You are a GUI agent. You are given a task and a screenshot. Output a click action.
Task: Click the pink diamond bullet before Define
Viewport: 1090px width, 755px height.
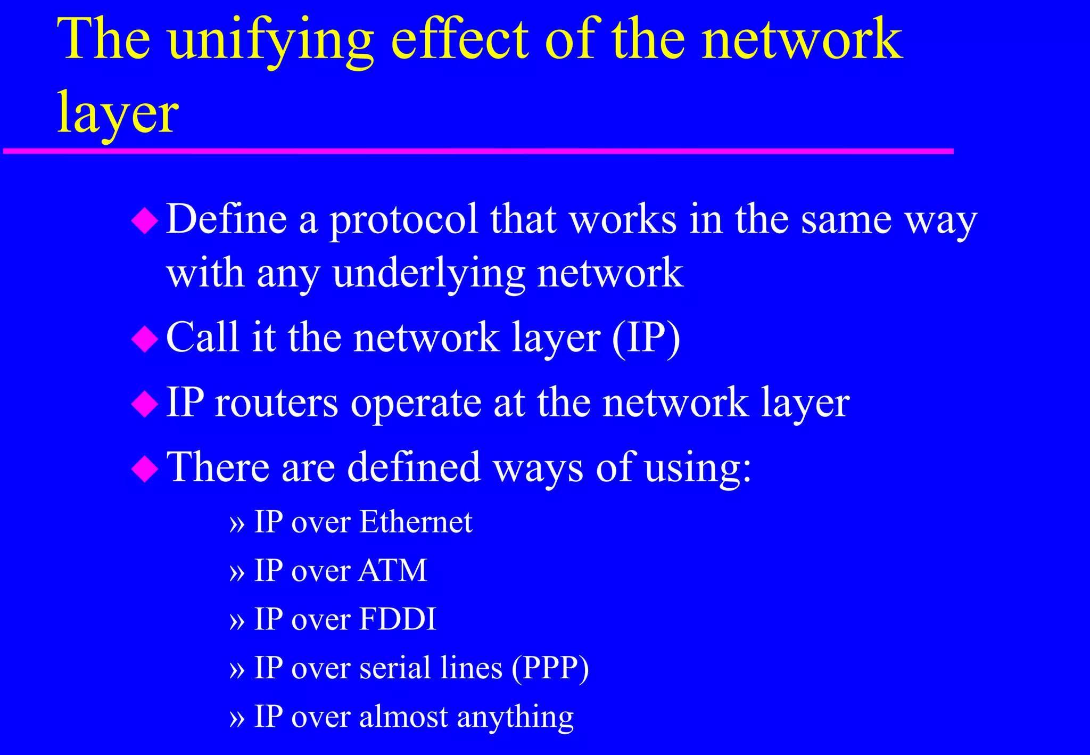click(x=145, y=221)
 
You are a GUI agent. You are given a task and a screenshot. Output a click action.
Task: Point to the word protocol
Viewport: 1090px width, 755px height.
click(x=404, y=221)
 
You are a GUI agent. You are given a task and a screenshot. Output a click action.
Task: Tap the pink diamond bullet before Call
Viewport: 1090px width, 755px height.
click(x=145, y=339)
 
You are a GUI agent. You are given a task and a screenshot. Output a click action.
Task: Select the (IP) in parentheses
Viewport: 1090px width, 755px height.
click(x=646, y=338)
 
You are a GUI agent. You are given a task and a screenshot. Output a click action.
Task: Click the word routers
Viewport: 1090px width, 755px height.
click(x=277, y=403)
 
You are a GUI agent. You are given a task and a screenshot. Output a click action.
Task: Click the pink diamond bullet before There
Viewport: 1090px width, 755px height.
click(x=145, y=469)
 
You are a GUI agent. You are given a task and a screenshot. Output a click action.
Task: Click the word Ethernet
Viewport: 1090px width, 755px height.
click(x=416, y=522)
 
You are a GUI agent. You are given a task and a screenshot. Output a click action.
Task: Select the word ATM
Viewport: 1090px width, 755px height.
click(x=393, y=571)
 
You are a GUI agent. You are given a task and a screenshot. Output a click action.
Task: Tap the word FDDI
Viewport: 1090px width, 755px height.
click(x=398, y=619)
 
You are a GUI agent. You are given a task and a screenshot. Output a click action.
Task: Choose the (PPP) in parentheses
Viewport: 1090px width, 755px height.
click(x=550, y=668)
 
